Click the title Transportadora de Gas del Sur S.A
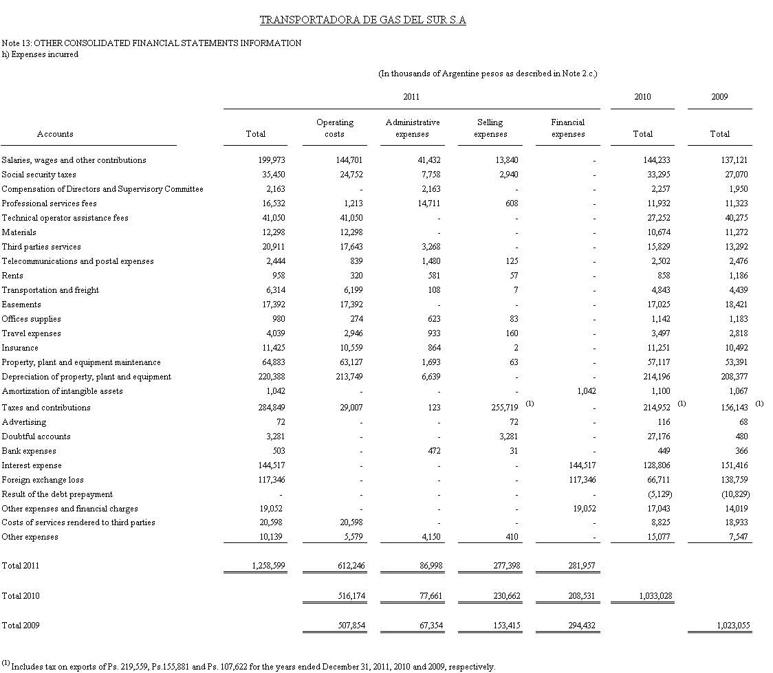click(x=362, y=20)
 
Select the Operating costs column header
click(x=334, y=128)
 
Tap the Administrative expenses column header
click(x=412, y=128)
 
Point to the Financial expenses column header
click(x=567, y=128)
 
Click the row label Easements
click(x=21, y=305)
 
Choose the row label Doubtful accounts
click(x=36, y=437)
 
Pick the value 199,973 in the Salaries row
click(x=271, y=160)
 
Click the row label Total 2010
click(x=21, y=596)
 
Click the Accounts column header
click(x=55, y=134)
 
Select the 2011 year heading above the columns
click(x=411, y=97)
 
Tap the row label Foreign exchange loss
click(x=43, y=480)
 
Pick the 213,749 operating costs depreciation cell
click(x=349, y=377)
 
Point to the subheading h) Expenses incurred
click(x=40, y=54)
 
